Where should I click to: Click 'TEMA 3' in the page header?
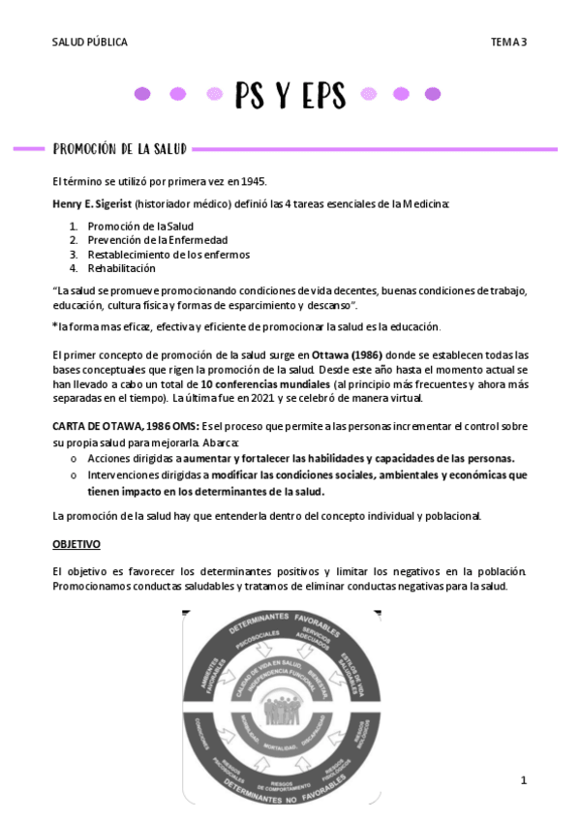[508, 42]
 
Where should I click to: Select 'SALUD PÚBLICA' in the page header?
[89, 42]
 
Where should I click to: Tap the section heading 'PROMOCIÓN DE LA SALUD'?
[120, 149]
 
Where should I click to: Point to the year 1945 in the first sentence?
[250, 181]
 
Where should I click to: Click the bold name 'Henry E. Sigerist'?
[92, 204]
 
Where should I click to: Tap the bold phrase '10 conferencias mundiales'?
[261, 383]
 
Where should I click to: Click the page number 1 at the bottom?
[523, 780]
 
